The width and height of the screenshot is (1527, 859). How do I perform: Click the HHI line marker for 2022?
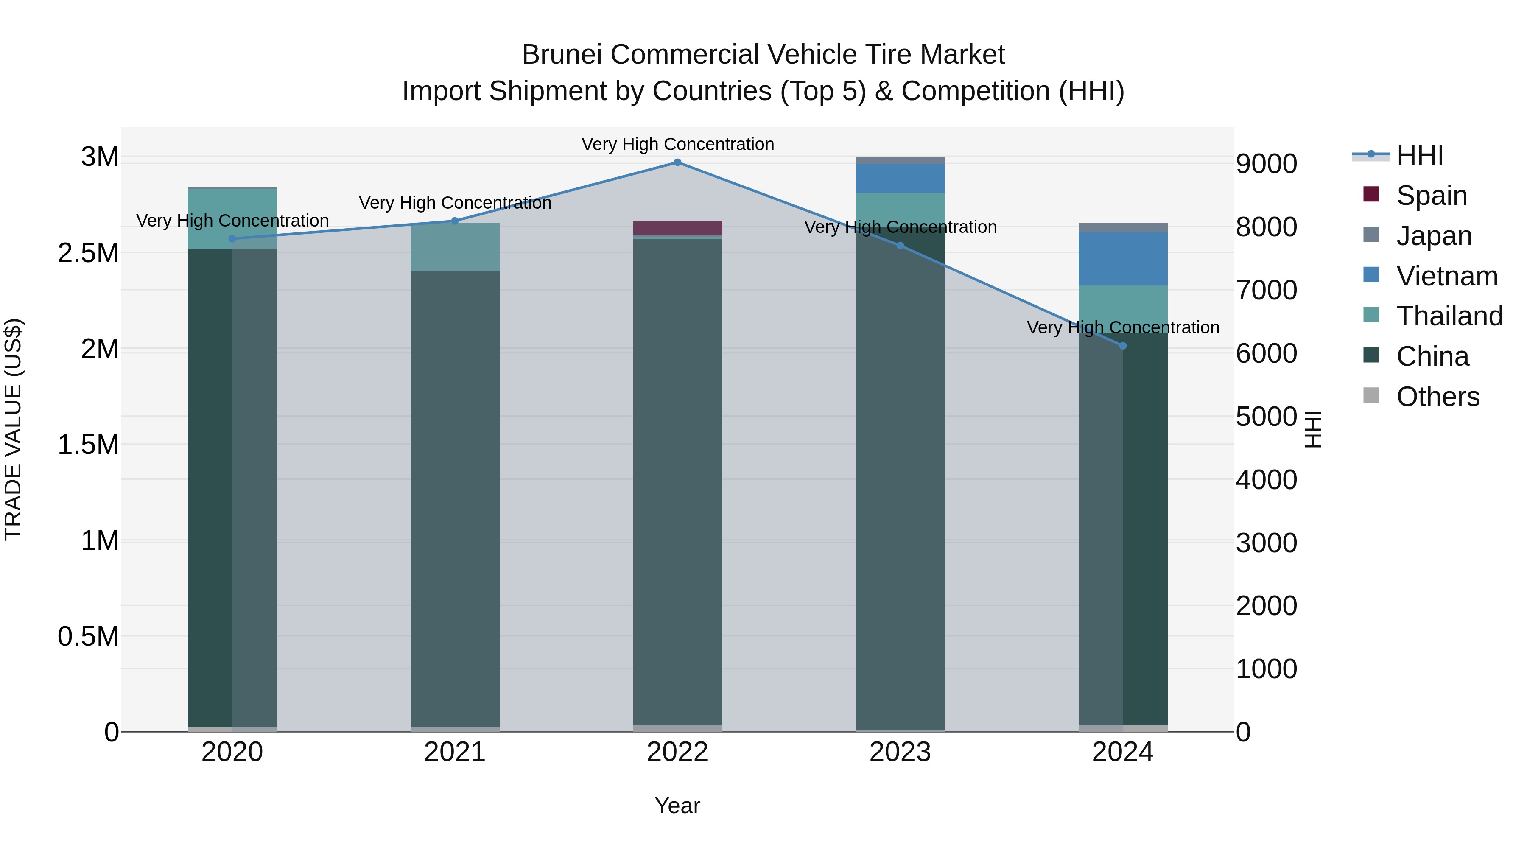(677, 162)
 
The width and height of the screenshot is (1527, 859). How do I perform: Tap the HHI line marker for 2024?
(1123, 346)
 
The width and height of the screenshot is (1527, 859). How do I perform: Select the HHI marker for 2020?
(232, 239)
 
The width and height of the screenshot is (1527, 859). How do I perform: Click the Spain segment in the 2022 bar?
(677, 228)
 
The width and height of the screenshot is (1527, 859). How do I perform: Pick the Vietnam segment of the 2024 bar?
(1123, 258)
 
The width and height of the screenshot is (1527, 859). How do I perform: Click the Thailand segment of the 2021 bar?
(455, 246)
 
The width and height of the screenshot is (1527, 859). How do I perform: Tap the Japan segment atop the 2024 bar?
(1123, 228)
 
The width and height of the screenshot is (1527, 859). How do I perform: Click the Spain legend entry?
(1431, 196)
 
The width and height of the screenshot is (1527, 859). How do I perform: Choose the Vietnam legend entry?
(1446, 276)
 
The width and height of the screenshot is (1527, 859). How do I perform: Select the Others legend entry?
(1438, 397)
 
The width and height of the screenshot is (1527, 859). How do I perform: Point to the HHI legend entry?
(1419, 155)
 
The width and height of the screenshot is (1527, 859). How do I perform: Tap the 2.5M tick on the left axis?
(88, 253)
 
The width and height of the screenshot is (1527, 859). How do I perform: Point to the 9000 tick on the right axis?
(1267, 164)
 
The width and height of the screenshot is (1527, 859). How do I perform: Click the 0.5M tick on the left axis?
(88, 637)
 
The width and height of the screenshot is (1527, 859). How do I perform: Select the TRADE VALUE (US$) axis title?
(14, 429)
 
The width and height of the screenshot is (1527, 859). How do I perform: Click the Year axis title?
(677, 806)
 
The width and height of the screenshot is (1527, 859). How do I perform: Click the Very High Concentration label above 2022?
(677, 144)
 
